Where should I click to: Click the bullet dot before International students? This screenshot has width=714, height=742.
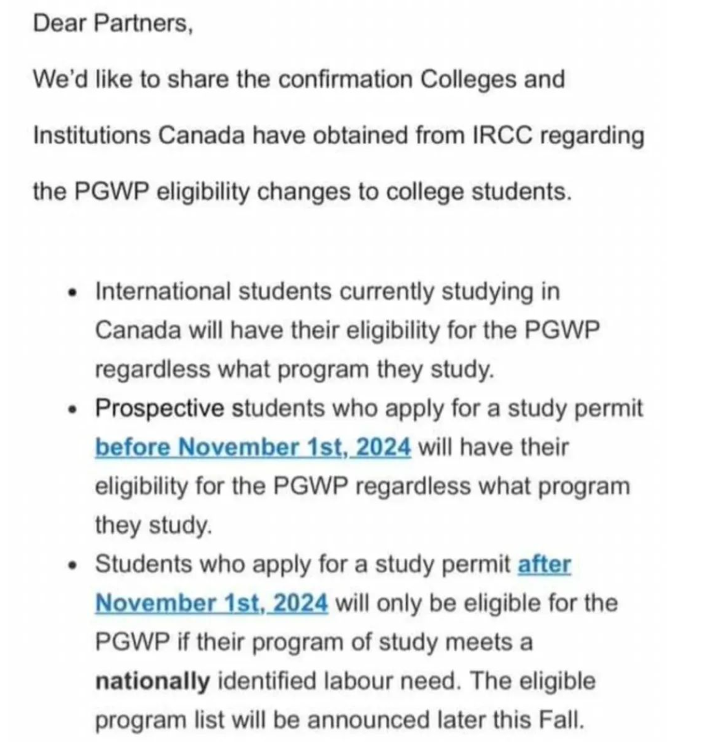pos(75,293)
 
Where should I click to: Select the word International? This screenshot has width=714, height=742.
pos(162,292)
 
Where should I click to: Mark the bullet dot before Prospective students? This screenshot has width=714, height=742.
pos(75,409)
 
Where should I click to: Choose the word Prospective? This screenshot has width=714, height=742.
pos(160,409)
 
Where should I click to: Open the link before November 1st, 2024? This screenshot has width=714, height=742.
pos(253,448)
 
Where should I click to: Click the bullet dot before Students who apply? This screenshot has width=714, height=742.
pos(75,565)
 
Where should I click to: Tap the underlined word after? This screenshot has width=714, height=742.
pos(544,564)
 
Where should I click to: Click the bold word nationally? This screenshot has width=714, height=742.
pos(152,682)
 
